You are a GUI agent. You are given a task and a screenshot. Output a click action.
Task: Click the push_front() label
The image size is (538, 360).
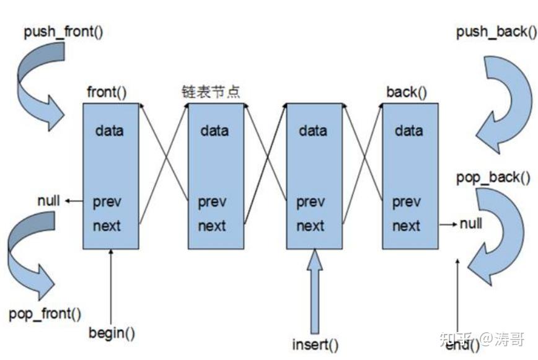click(63, 32)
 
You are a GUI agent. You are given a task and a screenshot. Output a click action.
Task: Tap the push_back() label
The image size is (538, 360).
click(496, 32)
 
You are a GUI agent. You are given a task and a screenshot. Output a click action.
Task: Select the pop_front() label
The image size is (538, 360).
click(45, 314)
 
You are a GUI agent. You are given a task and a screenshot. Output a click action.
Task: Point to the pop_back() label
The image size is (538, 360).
click(493, 178)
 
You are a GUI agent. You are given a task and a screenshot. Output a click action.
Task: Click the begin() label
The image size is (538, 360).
click(112, 333)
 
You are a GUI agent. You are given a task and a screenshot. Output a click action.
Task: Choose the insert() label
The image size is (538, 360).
click(315, 345)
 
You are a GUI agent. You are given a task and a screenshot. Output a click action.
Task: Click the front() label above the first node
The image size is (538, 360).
click(107, 92)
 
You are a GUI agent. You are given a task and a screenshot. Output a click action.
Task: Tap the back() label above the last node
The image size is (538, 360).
click(407, 92)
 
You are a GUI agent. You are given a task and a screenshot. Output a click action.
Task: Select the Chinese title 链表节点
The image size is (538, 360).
click(211, 92)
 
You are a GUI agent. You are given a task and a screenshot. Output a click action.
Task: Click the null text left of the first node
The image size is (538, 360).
click(48, 201)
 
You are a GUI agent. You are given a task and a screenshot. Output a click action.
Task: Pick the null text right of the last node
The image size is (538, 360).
click(471, 224)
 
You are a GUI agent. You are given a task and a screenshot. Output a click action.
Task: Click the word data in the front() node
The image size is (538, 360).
click(109, 131)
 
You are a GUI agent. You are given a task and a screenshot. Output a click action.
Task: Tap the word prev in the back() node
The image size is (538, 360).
click(406, 202)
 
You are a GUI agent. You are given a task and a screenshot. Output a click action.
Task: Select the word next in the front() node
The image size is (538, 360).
click(107, 226)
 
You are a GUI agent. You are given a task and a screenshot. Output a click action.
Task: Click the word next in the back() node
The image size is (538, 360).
click(406, 226)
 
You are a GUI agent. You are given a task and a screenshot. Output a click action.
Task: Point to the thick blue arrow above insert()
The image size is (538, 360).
click(315, 291)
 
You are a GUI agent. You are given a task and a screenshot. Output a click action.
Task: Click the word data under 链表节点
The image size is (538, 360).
click(214, 131)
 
